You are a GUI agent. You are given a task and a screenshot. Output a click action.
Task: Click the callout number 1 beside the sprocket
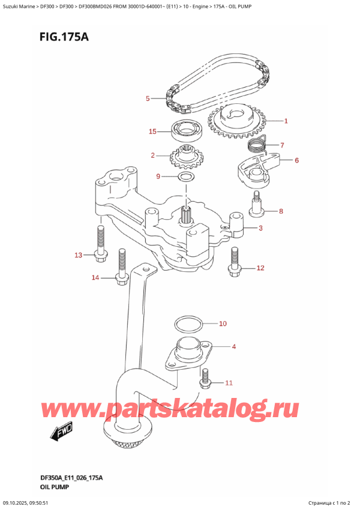click(x=286, y=121)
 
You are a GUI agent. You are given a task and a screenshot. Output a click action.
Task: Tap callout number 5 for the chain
click(x=147, y=98)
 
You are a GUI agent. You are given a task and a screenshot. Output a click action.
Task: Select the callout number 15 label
click(x=153, y=131)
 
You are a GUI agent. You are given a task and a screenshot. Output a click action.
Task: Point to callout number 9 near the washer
click(x=158, y=176)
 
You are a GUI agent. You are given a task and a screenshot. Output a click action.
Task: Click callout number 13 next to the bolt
click(x=78, y=256)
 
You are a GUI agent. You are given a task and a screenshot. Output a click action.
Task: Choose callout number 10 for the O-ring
click(x=223, y=324)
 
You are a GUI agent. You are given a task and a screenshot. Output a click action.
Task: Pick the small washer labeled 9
click(x=186, y=177)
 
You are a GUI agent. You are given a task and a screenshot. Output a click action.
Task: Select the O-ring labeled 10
click(x=188, y=325)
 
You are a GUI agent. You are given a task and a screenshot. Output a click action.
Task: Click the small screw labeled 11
click(x=206, y=377)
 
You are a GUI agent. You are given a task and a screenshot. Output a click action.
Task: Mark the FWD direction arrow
click(x=61, y=432)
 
